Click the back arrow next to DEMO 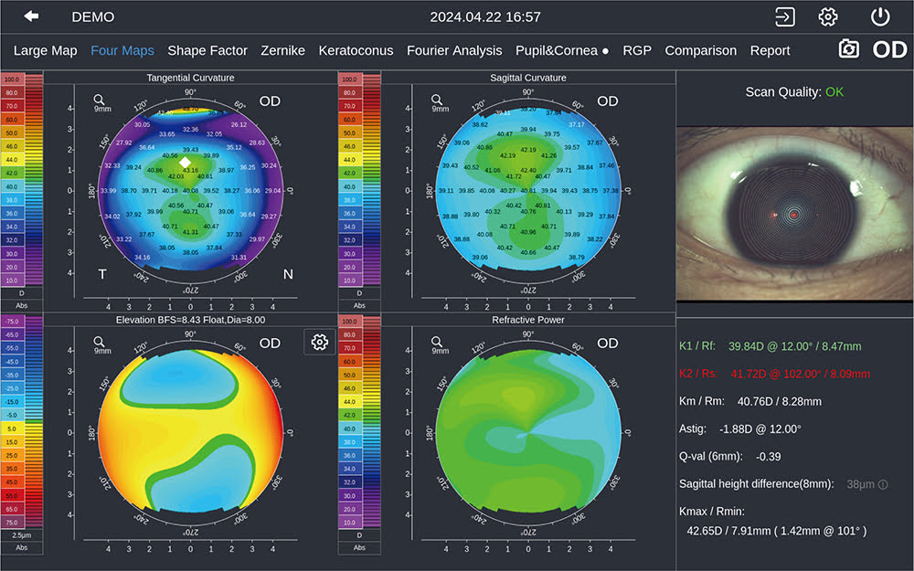32,16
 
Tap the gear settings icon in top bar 828,16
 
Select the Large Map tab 45,51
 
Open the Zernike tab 282,51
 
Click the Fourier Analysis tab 454,51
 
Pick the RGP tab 637,51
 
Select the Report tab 770,51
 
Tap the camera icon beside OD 849,50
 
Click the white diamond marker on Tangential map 186,162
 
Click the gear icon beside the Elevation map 319,342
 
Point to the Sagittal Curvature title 528,78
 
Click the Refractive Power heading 528,321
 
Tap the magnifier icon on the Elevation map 100,342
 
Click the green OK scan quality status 834,91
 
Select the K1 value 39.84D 747,347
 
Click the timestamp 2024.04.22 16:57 485,17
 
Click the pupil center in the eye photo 794,215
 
